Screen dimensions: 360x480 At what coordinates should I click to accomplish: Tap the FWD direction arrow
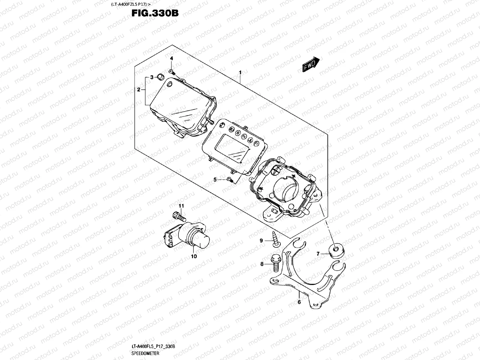point(311,64)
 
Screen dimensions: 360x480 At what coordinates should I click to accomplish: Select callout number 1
point(240,72)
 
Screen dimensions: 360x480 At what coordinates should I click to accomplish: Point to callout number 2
point(139,89)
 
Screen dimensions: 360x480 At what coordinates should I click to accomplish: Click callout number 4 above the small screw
point(172,66)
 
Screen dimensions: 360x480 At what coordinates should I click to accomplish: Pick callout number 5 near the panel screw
point(215,179)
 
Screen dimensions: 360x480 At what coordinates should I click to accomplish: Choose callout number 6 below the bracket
point(299,302)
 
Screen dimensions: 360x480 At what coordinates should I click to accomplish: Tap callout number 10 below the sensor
point(194,256)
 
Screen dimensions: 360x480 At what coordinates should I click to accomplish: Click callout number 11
point(181,205)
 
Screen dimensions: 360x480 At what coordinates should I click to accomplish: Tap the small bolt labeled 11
point(178,216)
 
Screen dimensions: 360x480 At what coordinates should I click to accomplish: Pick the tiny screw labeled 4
point(172,72)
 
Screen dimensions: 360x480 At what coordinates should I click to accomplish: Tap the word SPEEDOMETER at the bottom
point(145,353)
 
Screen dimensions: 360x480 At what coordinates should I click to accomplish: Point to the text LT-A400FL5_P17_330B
point(153,346)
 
